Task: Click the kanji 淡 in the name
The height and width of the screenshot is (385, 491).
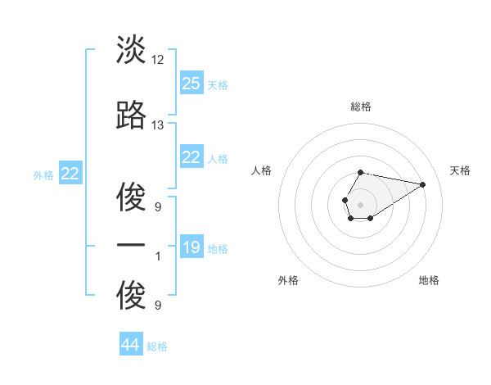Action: pyautogui.click(x=131, y=51)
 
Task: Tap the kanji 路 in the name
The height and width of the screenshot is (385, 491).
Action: pyautogui.click(x=131, y=116)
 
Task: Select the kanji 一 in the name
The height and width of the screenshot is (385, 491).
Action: pyautogui.click(x=131, y=246)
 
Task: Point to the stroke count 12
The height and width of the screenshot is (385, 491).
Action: pyautogui.click(x=158, y=60)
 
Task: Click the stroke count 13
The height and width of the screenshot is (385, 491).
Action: pyautogui.click(x=158, y=125)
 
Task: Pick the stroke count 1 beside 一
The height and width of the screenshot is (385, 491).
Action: pyautogui.click(x=157, y=256)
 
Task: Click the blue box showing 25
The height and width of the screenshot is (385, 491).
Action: pyautogui.click(x=191, y=84)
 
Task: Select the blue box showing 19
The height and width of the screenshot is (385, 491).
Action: pyautogui.click(x=191, y=247)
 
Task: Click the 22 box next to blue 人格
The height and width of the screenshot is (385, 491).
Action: pyautogui.click(x=191, y=157)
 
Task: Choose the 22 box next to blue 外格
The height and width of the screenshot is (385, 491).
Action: pyautogui.click(x=70, y=174)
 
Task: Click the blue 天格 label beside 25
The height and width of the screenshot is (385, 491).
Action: pyautogui.click(x=218, y=85)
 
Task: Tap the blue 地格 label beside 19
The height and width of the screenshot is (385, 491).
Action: pyautogui.click(x=218, y=249)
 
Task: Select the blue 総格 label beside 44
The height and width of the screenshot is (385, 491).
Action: pyautogui.click(x=157, y=347)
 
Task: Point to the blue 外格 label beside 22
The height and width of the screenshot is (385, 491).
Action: pyautogui.click(x=43, y=175)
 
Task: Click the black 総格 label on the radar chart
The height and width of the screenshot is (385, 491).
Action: pyautogui.click(x=361, y=106)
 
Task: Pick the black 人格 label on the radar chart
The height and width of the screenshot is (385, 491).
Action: pyautogui.click(x=262, y=170)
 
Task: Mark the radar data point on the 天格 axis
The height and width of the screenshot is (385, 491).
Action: pyautogui.click(x=423, y=183)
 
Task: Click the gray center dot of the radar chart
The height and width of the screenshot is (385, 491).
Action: pyautogui.click(x=360, y=203)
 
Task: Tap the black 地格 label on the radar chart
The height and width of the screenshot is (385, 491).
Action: pyautogui.click(x=429, y=281)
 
